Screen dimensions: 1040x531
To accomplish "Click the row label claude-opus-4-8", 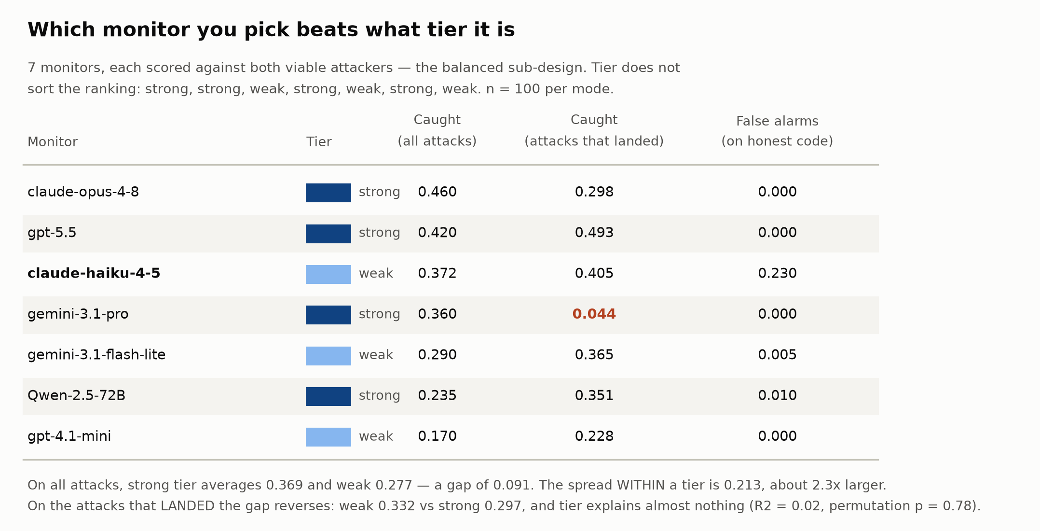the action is point(83,192).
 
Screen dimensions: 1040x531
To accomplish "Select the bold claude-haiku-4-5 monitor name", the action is point(94,274).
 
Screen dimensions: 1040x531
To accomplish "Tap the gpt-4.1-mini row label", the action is point(69,436).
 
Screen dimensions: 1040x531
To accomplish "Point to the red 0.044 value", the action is point(594,314).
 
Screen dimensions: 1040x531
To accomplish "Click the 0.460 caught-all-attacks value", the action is point(437,192).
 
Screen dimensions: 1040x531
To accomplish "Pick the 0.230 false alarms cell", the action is point(777,274).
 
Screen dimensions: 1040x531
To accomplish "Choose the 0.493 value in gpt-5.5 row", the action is point(594,233).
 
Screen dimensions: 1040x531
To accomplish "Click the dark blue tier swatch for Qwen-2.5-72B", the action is point(328,396).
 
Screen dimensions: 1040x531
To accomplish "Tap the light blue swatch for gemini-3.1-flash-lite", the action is point(328,356).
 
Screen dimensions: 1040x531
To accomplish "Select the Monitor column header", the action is point(53,142).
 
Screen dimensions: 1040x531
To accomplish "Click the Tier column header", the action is point(319,142).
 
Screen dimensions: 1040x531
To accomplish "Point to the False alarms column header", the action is point(777,131).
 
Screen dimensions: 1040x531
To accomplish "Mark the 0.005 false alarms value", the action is point(777,355).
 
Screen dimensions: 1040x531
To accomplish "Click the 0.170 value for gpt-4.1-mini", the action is point(437,436).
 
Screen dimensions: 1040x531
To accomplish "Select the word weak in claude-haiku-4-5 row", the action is point(376,274).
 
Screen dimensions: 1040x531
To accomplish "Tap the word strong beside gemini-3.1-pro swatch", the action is point(379,314).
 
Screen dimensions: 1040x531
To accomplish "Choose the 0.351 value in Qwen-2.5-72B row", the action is point(594,396).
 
